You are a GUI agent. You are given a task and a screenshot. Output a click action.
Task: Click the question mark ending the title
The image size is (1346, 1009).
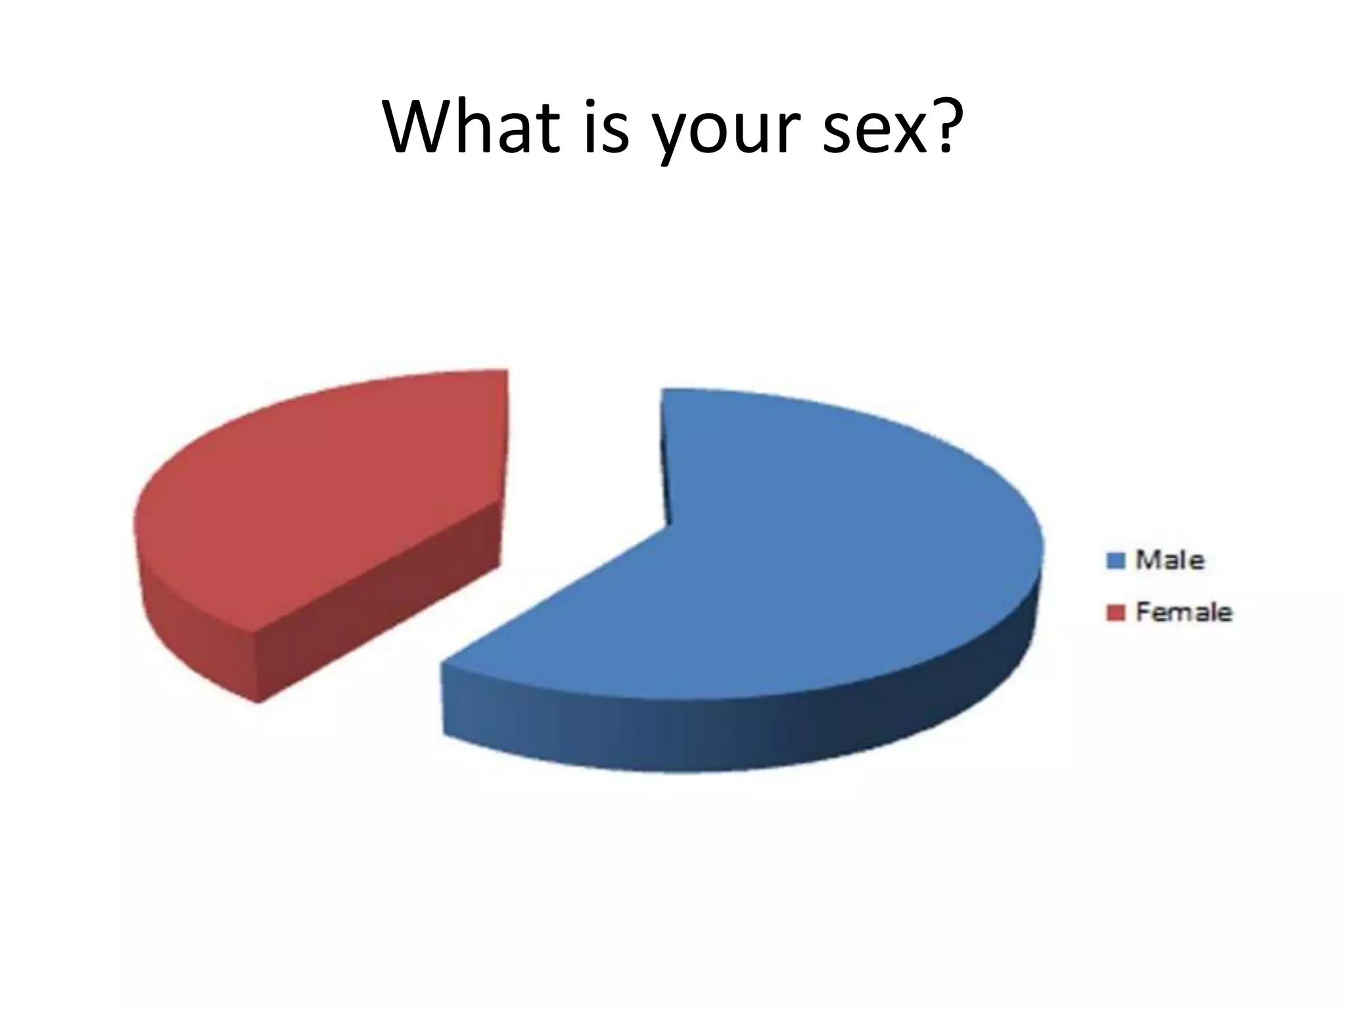point(937,125)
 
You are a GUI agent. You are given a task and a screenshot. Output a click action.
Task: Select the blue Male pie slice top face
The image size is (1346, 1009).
point(822,558)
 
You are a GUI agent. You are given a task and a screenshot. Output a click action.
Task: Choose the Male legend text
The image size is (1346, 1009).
point(1170,560)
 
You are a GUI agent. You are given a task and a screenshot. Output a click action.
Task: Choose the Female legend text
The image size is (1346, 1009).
point(1184,612)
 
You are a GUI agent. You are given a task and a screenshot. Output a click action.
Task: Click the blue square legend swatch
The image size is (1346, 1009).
point(1116,560)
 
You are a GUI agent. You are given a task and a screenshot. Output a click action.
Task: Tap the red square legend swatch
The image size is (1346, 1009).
point(1116,612)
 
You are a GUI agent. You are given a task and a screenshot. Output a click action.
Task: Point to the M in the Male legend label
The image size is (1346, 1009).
point(1148,560)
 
